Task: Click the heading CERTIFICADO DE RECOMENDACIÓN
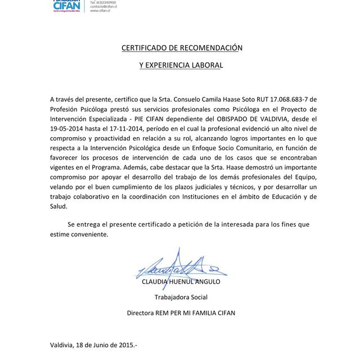pyautogui.click(x=181, y=48)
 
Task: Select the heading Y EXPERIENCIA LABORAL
pyautogui.click(x=181, y=65)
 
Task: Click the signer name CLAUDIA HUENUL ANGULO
pyautogui.click(x=181, y=282)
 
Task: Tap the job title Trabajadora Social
pyautogui.click(x=181, y=297)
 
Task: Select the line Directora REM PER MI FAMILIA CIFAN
pyautogui.click(x=181, y=313)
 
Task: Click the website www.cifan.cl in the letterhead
pyautogui.click(x=100, y=11)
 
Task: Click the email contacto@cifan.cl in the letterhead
pyautogui.click(x=103, y=6)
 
